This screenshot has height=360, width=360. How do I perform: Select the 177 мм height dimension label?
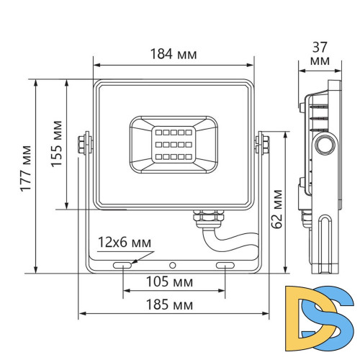(26, 175)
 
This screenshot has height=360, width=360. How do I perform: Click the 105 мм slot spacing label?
(173, 279)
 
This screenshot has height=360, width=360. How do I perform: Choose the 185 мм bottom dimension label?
(173, 305)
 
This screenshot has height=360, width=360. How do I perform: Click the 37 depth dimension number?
(318, 47)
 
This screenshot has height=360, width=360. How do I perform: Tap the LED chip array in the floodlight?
(173, 142)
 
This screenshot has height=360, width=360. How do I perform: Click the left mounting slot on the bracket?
(122, 266)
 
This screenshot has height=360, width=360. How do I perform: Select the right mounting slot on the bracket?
(225, 266)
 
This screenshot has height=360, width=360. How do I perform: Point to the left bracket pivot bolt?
(86, 142)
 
